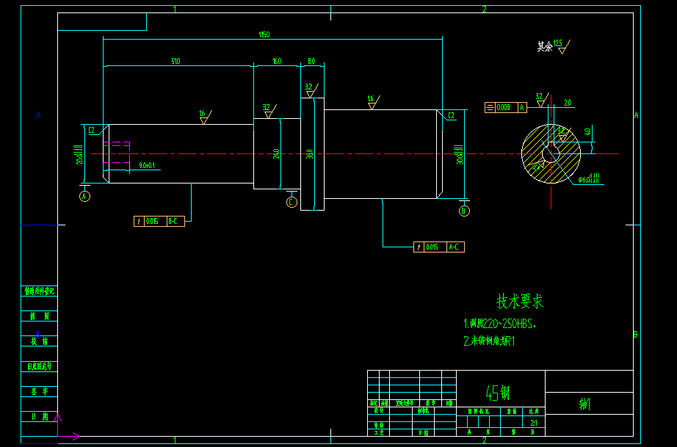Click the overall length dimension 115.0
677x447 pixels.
coord(264,34)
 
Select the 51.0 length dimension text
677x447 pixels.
coord(175,61)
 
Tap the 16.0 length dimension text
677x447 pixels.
coord(277,61)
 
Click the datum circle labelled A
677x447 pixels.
coord(84,196)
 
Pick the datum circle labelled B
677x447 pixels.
coord(464,211)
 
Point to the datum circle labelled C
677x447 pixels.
coord(292,202)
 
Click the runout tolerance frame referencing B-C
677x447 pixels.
coord(159,221)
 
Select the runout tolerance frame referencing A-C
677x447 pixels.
coord(439,247)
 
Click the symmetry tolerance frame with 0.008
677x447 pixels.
coord(506,107)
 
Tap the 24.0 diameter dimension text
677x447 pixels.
coord(276,154)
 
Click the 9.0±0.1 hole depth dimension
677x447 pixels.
coord(147,166)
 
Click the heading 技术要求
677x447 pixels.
coord(520,301)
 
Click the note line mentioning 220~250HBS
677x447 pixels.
coord(500,324)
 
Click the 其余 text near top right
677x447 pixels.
coord(545,46)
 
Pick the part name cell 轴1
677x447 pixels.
coord(585,404)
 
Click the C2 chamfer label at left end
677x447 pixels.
coord(93,131)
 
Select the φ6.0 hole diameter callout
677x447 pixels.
coord(588,179)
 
